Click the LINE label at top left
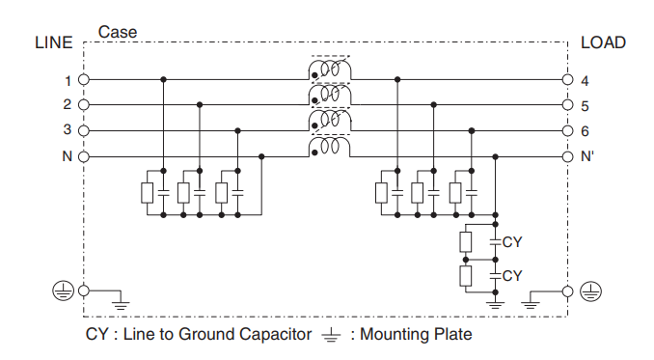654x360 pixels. (x=53, y=42)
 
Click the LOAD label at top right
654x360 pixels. (x=603, y=42)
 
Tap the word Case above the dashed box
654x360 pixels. (x=118, y=32)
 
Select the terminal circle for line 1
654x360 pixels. (x=84, y=80)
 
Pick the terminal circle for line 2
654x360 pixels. (x=84, y=105)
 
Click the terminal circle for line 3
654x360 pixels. (x=84, y=130)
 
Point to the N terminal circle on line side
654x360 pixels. (x=84, y=155)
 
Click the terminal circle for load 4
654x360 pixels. (x=567, y=80)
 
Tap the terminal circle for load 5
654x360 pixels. (x=567, y=105)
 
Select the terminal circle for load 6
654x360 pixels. (x=567, y=130)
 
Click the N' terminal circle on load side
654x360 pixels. (x=567, y=155)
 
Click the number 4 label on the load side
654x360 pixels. (x=586, y=80)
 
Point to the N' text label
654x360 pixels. (x=587, y=155)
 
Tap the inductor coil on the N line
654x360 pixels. (x=330, y=147)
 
